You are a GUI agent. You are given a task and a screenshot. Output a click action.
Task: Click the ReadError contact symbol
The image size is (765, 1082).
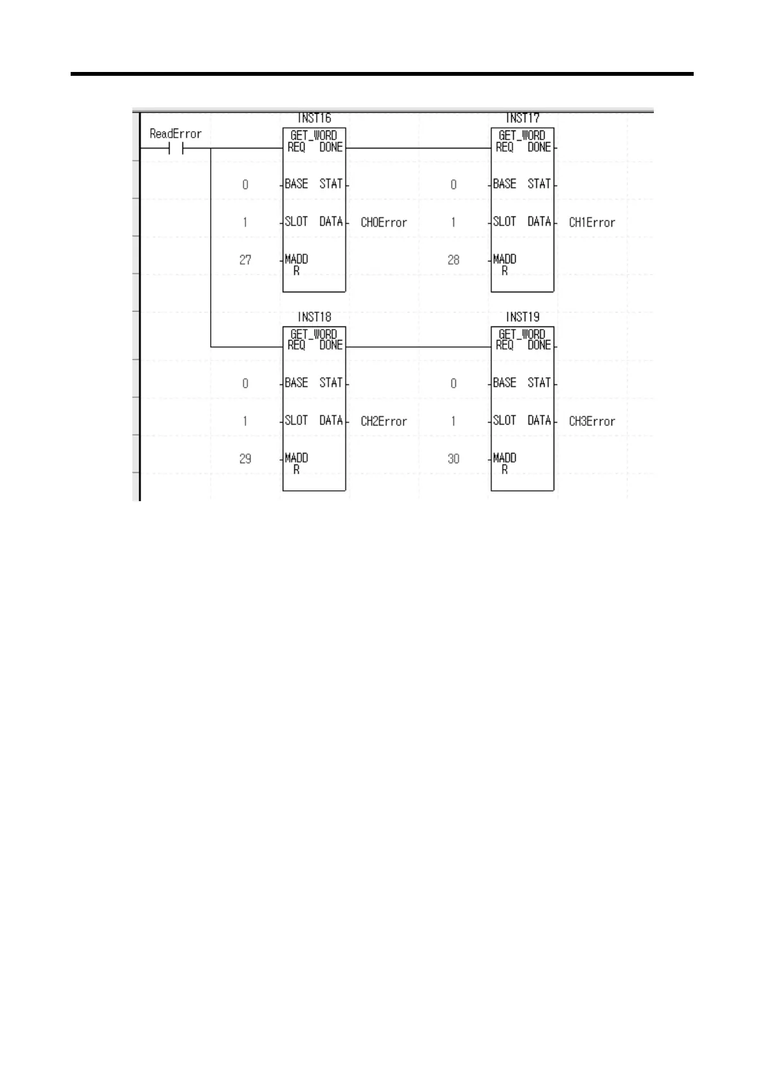[x=176, y=148]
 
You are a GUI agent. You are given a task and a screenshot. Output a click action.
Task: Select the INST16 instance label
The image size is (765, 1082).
[x=314, y=118]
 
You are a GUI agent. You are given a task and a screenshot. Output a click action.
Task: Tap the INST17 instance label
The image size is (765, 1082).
[x=522, y=118]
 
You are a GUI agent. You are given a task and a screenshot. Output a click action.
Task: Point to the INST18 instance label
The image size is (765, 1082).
[x=314, y=317]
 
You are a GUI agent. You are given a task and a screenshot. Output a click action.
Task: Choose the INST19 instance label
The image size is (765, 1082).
[x=522, y=317]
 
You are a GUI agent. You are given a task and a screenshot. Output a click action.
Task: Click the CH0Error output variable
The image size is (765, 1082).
[x=383, y=222]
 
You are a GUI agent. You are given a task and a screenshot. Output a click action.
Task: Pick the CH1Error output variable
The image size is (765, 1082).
[x=592, y=222]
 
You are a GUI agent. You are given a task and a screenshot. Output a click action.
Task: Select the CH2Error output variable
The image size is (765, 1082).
[x=383, y=421]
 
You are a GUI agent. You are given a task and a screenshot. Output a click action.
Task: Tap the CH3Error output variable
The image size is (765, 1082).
[x=592, y=421]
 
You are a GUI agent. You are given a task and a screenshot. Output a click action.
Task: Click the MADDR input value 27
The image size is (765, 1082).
[x=245, y=260]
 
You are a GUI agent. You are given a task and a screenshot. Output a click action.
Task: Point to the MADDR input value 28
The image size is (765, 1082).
[x=453, y=260]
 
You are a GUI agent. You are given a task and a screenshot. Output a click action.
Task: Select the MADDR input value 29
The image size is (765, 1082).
[x=245, y=458]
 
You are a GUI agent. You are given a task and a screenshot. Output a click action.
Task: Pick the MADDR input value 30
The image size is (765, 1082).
[x=453, y=458]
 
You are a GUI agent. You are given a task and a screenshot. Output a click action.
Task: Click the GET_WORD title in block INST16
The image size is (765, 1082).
[x=313, y=135]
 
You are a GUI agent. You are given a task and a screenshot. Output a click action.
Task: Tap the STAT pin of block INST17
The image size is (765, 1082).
[x=539, y=184]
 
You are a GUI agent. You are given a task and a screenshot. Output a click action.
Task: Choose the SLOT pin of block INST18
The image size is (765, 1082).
[x=296, y=420]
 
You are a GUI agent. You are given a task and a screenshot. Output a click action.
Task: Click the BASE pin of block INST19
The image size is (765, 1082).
[x=504, y=382]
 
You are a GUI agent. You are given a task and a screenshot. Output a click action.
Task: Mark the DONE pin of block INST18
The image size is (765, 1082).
[x=331, y=345]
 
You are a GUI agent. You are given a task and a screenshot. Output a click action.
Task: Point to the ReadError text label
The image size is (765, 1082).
[x=175, y=134]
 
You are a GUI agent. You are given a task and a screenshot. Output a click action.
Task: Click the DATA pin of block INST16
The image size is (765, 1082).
[x=331, y=222]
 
